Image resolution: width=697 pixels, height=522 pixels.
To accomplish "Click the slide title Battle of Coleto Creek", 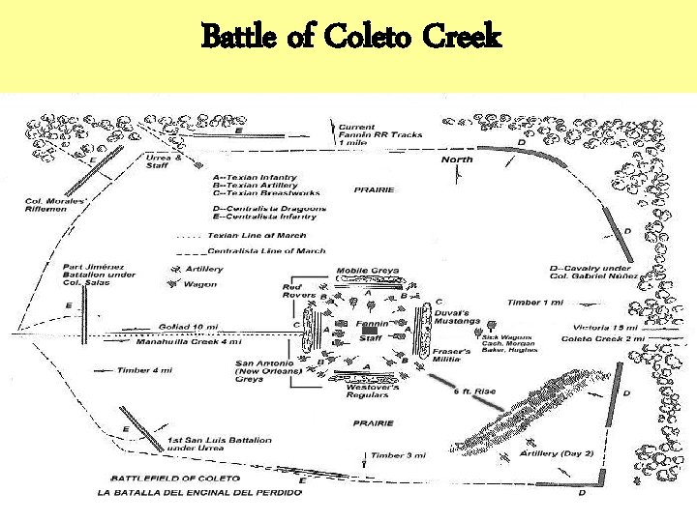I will (x=351, y=38).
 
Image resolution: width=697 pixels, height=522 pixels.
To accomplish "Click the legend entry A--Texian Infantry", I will (x=255, y=178).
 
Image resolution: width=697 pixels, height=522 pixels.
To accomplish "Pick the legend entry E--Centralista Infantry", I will (x=269, y=217).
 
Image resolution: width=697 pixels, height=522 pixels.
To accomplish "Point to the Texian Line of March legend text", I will (x=257, y=235).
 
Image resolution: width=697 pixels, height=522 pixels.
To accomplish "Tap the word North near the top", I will (x=457, y=159).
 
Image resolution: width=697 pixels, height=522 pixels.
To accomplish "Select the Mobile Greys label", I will (x=368, y=271).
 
